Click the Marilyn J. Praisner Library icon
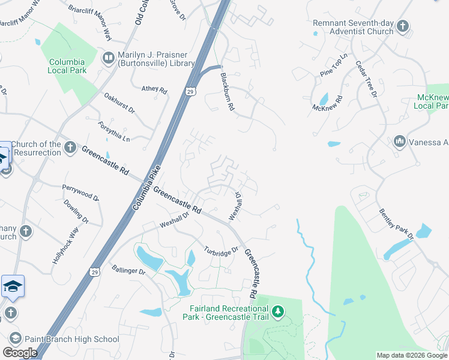(109, 58)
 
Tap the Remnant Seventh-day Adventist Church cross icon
(402, 26)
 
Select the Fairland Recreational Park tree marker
(277, 311)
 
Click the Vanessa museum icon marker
(400, 142)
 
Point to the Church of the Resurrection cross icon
(70, 148)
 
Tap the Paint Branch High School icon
(15, 339)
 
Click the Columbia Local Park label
(67, 66)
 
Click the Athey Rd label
(154, 89)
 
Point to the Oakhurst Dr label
(119, 103)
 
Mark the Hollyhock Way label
(65, 246)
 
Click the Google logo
(20, 353)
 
